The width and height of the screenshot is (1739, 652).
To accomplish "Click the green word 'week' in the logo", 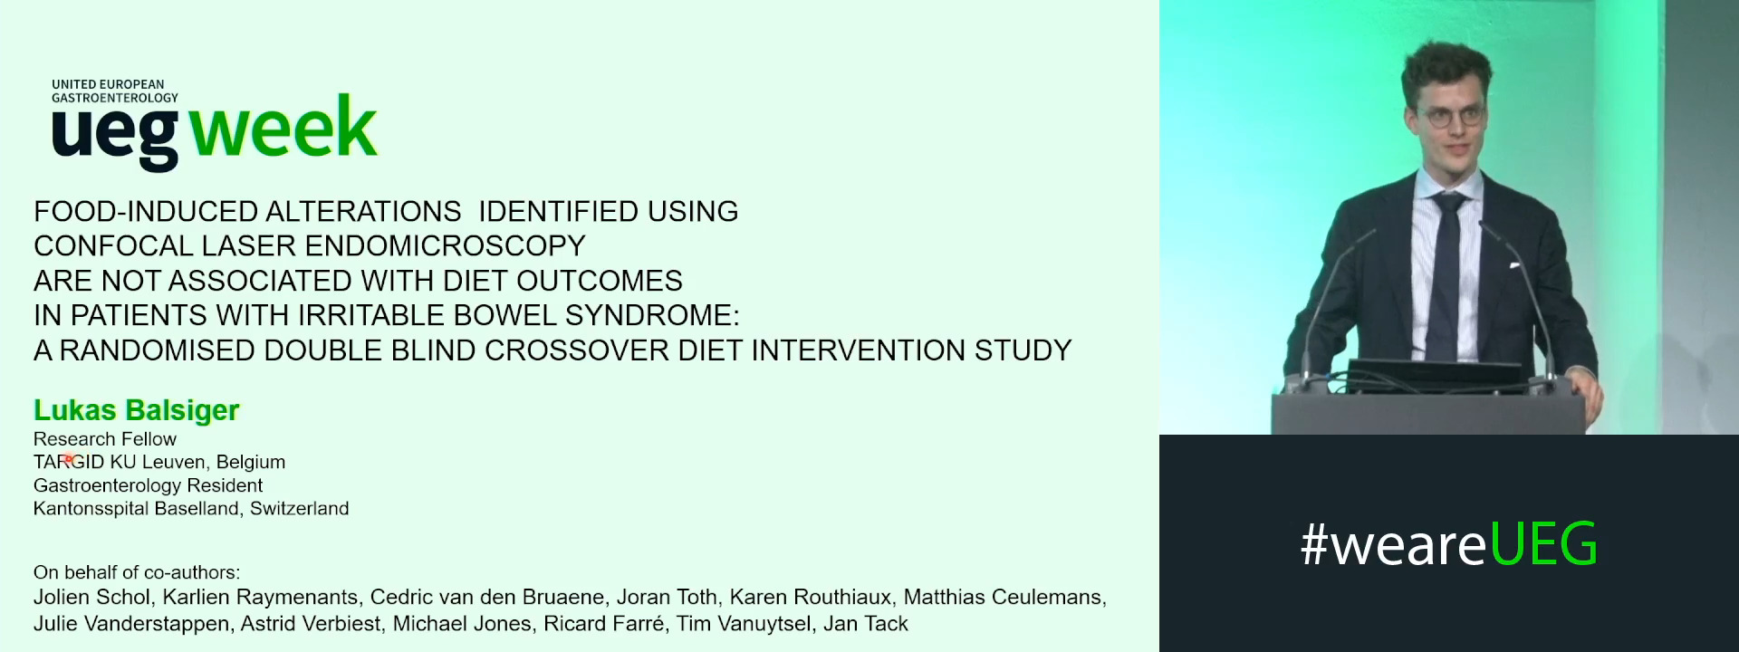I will (x=283, y=129).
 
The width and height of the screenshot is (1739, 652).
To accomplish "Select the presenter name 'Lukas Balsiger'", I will (x=136, y=410).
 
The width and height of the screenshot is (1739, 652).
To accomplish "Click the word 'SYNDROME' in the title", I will (x=649, y=315).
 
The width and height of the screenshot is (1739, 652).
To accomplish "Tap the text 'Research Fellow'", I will (x=105, y=439).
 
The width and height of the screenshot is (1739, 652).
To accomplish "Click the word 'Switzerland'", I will (x=299, y=509).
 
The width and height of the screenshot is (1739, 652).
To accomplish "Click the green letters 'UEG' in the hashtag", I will (x=1542, y=545).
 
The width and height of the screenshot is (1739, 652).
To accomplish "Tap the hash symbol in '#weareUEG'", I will (x=1312, y=545).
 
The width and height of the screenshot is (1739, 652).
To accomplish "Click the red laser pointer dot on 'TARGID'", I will (x=68, y=459).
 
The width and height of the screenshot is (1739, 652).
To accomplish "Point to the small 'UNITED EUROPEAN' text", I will (x=108, y=84).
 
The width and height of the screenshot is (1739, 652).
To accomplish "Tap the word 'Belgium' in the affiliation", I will (x=250, y=463).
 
